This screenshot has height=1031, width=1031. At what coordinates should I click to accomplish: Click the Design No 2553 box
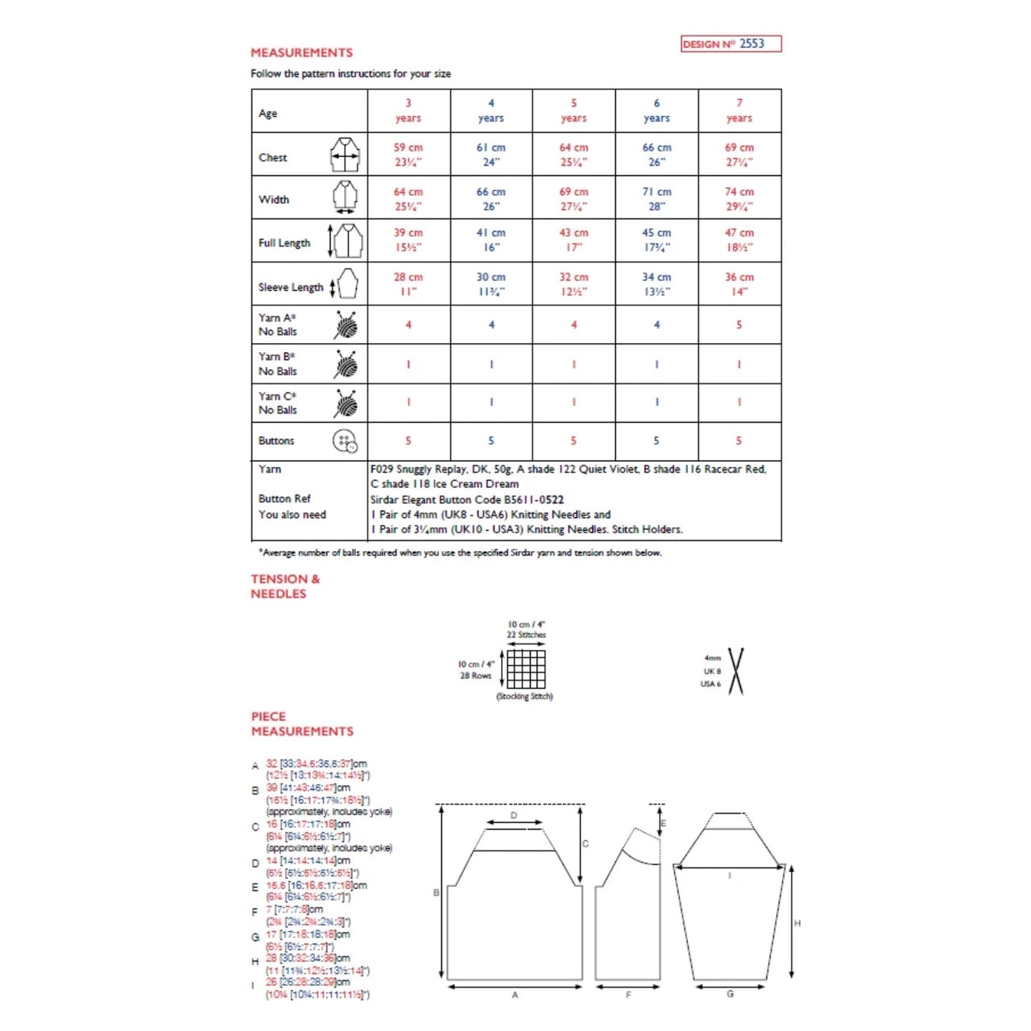point(731,43)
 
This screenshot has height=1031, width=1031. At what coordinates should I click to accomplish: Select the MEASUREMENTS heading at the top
point(301,52)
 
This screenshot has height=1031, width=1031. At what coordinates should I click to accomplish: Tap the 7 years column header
point(739,110)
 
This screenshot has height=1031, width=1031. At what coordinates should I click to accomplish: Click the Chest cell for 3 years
point(408,155)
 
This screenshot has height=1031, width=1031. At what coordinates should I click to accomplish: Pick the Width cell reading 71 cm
point(656,198)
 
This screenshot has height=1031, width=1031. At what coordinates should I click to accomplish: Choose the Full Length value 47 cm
point(739,240)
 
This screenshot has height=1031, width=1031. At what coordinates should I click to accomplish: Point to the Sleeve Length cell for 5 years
point(573,284)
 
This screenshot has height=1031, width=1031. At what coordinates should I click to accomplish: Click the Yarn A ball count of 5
point(739,325)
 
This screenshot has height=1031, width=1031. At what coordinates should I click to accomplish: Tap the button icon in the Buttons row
point(345,441)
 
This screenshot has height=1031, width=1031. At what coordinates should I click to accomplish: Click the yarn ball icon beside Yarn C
point(346,404)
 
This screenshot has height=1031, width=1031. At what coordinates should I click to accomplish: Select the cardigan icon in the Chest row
point(345,155)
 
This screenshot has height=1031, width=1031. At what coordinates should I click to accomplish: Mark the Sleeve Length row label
point(290,287)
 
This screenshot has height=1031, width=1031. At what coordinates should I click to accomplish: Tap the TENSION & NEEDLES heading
point(285,586)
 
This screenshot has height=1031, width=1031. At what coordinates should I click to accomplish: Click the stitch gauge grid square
point(526,669)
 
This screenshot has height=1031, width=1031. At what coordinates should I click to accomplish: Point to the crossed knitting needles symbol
point(735,671)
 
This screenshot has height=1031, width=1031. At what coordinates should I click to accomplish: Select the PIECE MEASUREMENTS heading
point(301,723)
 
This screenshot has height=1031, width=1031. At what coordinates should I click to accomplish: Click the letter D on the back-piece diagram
point(514,816)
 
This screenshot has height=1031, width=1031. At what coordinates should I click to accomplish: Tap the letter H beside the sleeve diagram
point(797,923)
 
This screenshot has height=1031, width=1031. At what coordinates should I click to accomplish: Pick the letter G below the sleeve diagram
point(730,994)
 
